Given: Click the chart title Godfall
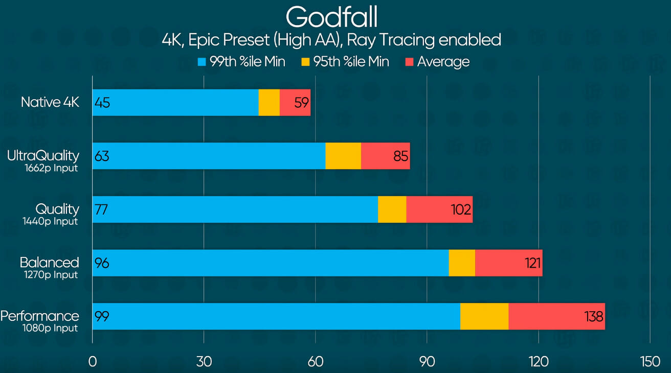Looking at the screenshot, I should [331, 17].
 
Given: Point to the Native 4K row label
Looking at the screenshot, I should [50, 102].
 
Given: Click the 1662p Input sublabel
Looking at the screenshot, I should [51, 168].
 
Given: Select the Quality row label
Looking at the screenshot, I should [57, 209].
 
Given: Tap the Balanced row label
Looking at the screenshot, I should [50, 262].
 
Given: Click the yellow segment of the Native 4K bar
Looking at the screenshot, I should [269, 102].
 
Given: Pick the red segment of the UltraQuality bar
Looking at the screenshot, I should [385, 156].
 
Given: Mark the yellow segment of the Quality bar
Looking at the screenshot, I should [392, 209].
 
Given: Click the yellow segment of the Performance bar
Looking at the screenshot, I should [484, 316].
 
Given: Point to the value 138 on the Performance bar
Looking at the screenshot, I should [594, 316].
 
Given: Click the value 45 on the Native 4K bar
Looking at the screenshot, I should [102, 103].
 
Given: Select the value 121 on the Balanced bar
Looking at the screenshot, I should [532, 263].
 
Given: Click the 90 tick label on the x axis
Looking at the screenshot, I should [427, 362].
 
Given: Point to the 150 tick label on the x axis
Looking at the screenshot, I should [650, 362].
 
